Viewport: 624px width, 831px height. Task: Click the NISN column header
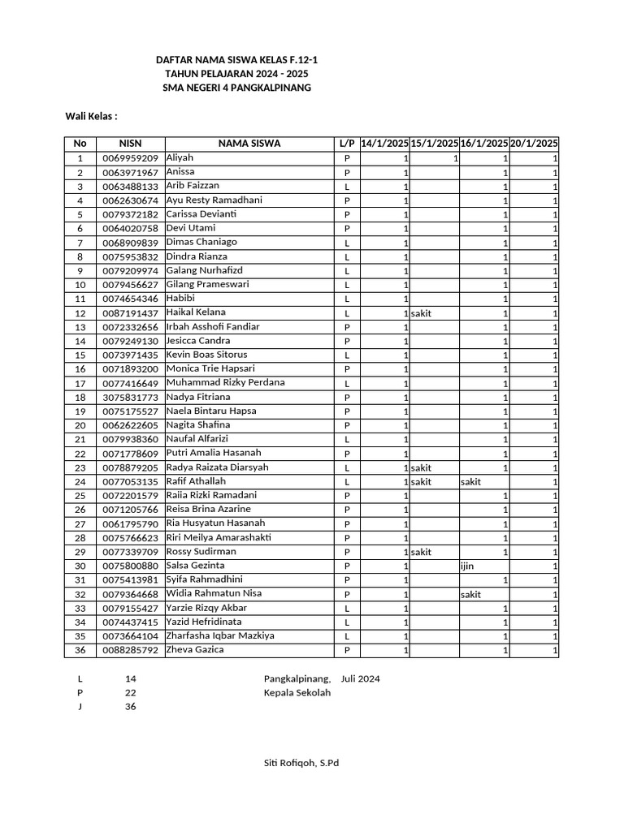[x=130, y=144]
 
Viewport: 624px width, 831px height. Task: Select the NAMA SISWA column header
[x=249, y=144]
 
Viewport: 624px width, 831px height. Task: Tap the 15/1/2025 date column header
[x=435, y=144]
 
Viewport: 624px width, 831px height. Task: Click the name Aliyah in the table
[x=180, y=157]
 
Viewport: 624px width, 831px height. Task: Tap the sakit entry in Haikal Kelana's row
[x=422, y=313]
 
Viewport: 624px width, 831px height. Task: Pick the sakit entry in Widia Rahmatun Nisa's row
[x=470, y=595]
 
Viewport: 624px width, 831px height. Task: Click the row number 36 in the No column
[x=80, y=651]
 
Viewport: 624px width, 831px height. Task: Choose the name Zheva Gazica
[x=195, y=650]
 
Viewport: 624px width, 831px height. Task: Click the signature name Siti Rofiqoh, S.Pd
[x=301, y=763]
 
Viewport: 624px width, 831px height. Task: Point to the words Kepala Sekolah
[x=297, y=692]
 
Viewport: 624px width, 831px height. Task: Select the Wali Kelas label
[x=92, y=116]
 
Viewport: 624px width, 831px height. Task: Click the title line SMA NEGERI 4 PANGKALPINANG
[x=236, y=88]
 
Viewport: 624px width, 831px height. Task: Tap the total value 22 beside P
[x=130, y=692]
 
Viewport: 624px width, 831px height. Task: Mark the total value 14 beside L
[x=130, y=678]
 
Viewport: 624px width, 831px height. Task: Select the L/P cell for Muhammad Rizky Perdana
[x=347, y=384]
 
